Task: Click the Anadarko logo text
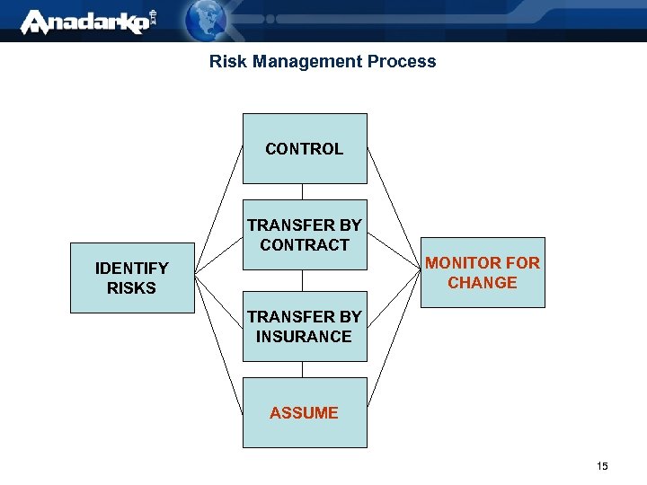click(x=85, y=22)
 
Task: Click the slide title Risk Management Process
click(x=323, y=62)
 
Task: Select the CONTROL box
click(x=305, y=148)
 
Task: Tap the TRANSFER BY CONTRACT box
click(x=305, y=234)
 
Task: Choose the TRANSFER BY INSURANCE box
click(x=305, y=326)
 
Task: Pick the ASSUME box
click(x=305, y=412)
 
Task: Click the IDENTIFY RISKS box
click(x=132, y=278)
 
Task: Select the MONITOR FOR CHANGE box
click(x=483, y=272)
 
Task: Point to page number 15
click(x=602, y=466)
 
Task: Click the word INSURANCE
click(x=304, y=337)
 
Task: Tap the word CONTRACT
click(x=305, y=245)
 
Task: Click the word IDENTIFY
click(x=132, y=269)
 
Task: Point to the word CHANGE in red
click(x=483, y=283)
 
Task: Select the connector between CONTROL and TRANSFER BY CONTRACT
click(x=303, y=191)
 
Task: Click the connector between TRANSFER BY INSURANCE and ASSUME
click(x=303, y=369)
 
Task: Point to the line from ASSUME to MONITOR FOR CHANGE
click(x=394, y=359)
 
